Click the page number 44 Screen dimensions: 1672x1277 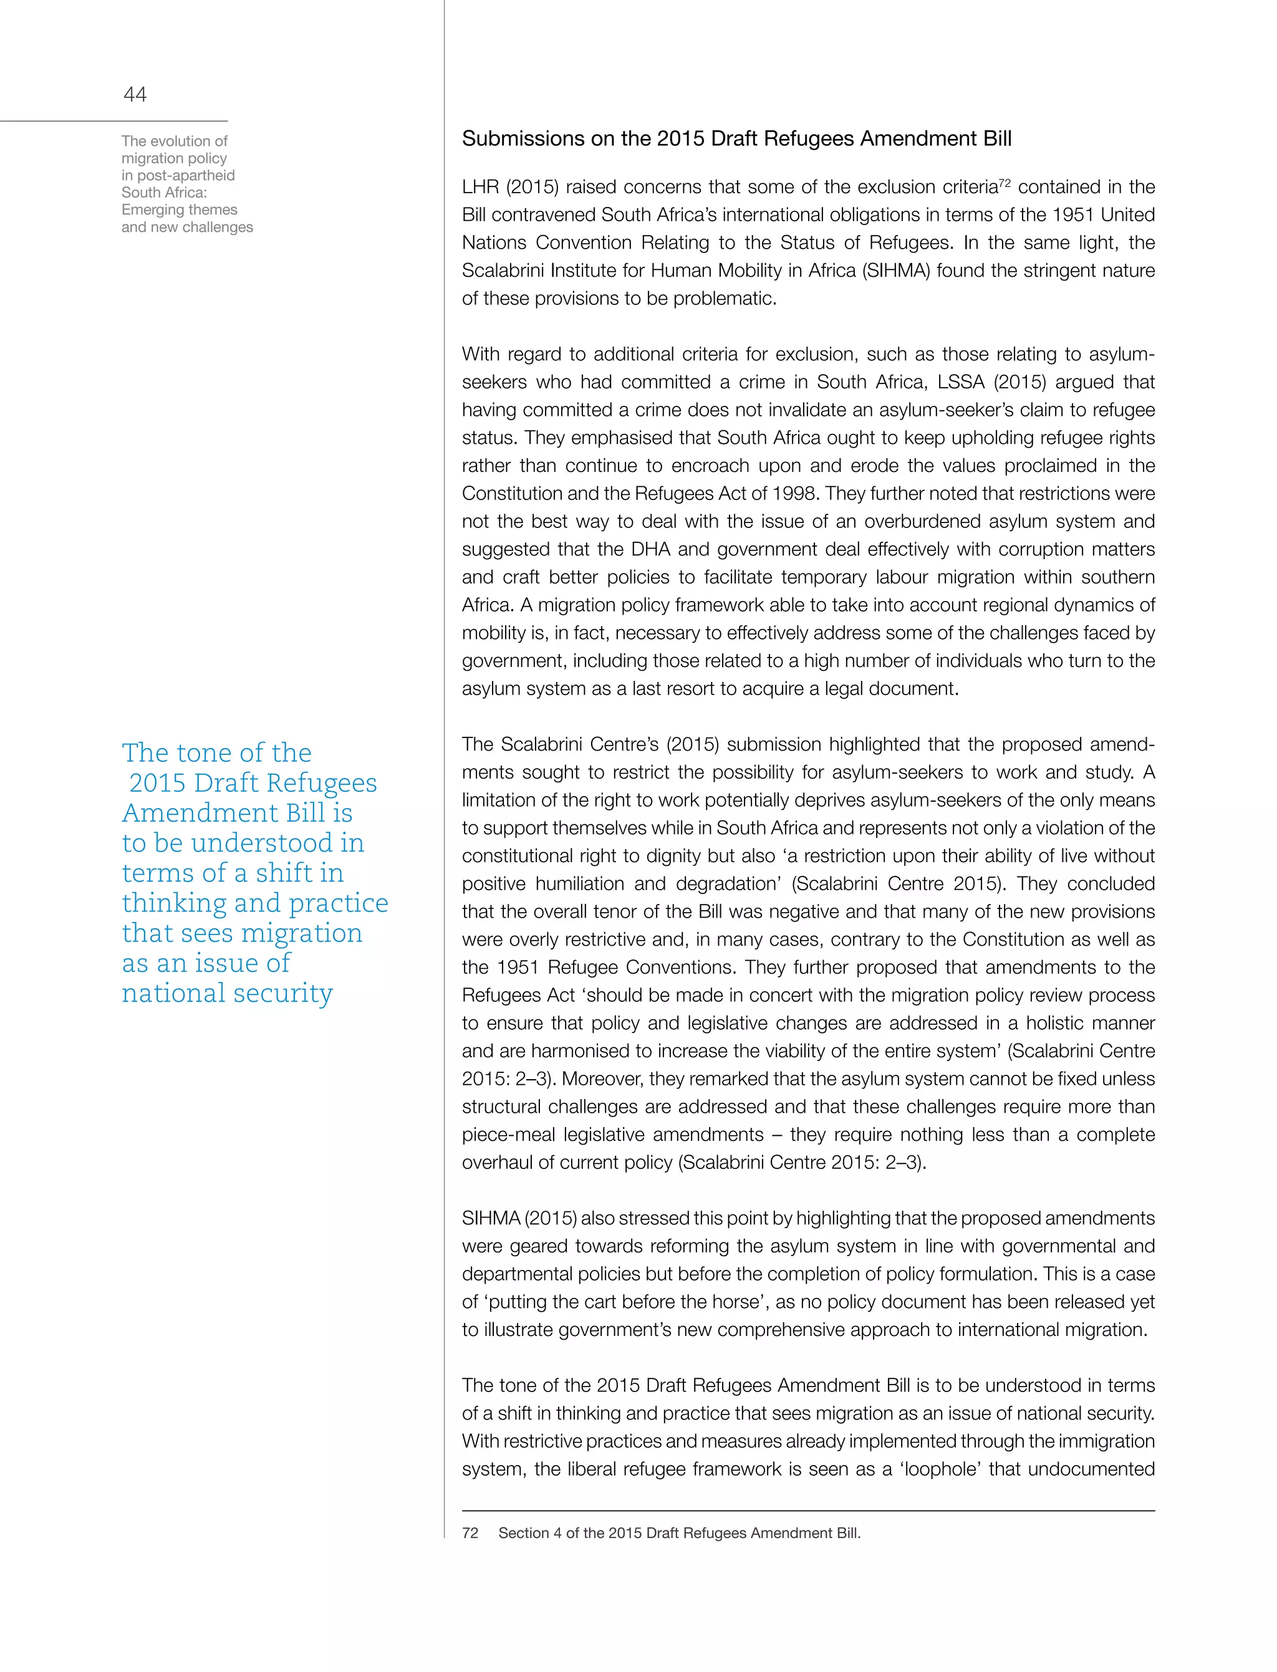click(x=135, y=94)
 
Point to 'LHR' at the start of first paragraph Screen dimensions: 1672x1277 click(x=479, y=187)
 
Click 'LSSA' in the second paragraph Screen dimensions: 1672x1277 click(x=961, y=382)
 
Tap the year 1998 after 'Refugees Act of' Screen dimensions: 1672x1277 click(x=794, y=493)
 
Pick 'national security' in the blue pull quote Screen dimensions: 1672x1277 click(x=226, y=992)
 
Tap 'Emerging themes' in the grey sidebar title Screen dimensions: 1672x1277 click(x=180, y=209)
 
